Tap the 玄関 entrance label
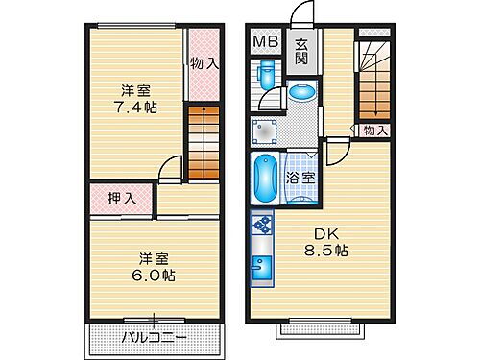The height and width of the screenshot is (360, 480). tap(301, 50)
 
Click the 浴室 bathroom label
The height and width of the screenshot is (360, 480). tap(301, 177)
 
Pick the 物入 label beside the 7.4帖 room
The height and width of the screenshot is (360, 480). tap(203, 64)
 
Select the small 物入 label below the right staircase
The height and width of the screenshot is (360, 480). tap(375, 131)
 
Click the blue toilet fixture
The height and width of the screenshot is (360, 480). tap(267, 75)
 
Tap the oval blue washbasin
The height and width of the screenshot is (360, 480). tap(301, 93)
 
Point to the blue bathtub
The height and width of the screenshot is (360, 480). tap(265, 179)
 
